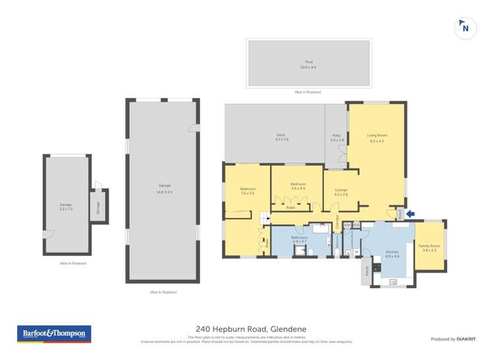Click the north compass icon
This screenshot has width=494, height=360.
[x=466, y=28]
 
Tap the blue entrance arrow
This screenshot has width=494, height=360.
[x=411, y=213]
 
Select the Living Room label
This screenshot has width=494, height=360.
[x=376, y=136]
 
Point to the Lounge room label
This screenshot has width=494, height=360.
[x=341, y=190]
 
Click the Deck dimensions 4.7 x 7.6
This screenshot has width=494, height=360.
[x=282, y=140]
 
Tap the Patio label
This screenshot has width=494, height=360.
[x=337, y=136]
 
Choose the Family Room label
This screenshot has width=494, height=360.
[x=429, y=245]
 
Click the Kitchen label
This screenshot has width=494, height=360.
[x=393, y=252]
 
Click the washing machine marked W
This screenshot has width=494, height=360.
[x=356, y=251]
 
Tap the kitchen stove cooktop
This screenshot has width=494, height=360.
[x=377, y=268]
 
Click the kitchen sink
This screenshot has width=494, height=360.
[x=393, y=282]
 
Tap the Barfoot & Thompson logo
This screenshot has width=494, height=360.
[x=54, y=334]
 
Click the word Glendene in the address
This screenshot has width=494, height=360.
[x=288, y=329]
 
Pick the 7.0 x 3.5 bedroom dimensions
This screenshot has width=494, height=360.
[x=247, y=193]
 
